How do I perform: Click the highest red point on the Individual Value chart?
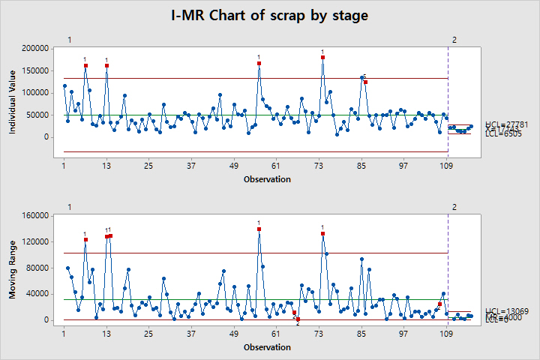tap(322, 57)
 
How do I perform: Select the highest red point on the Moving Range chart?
tap(259, 229)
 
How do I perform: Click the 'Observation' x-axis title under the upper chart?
tap(267, 179)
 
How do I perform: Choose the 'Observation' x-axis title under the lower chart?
tap(267, 347)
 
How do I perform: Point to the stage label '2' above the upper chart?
tap(454, 40)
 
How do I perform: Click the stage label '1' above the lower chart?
tap(69, 208)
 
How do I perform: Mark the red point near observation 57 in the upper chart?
tap(259, 64)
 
